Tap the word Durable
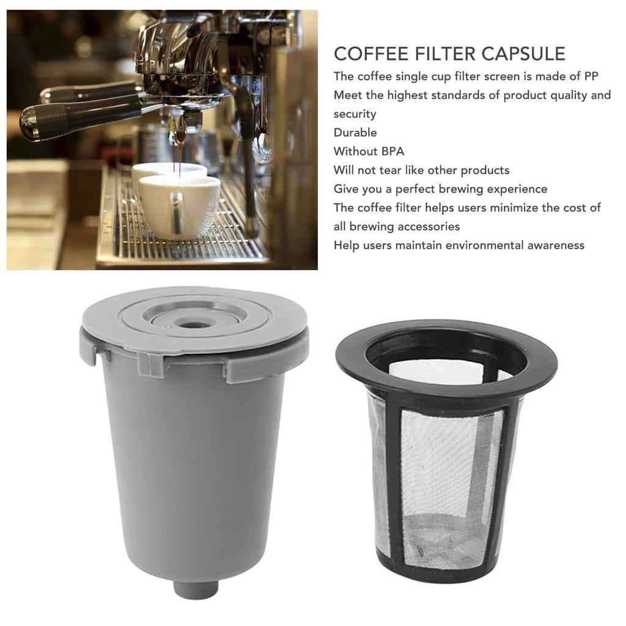pyautogui.click(x=355, y=133)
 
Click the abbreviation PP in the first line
pyautogui.click(x=591, y=76)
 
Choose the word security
pyautogui.click(x=355, y=114)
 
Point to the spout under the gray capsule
pyautogui.click(x=196, y=589)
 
